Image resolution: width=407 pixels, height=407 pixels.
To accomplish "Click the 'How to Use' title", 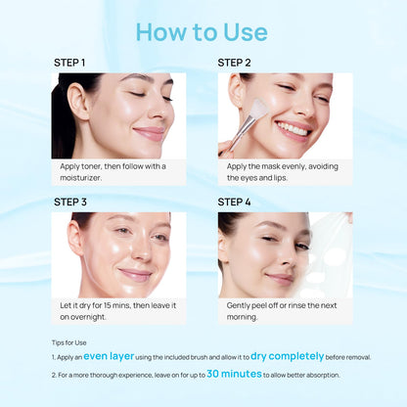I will [202, 31].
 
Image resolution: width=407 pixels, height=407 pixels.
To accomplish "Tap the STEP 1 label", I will [69, 63].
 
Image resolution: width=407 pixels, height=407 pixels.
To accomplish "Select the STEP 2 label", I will [235, 63].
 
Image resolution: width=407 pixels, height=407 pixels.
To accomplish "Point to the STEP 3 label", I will [70, 203].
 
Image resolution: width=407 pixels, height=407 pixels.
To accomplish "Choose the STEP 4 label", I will [235, 203].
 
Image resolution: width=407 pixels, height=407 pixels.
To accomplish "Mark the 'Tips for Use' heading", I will [68, 342].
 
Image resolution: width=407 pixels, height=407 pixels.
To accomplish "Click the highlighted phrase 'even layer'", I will [109, 357].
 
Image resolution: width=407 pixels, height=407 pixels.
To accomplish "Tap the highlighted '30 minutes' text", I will [233, 374].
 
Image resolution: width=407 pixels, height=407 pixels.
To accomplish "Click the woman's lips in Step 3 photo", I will [136, 275].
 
